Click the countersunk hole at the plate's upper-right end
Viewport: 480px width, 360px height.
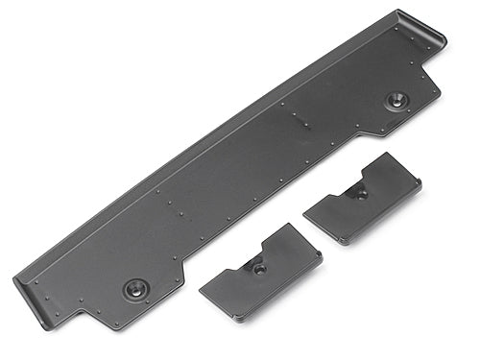point(395,99)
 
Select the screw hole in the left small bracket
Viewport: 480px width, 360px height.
point(259,268)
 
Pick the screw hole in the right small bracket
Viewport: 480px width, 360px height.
point(361,192)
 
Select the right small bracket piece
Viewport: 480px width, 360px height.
point(363,200)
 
